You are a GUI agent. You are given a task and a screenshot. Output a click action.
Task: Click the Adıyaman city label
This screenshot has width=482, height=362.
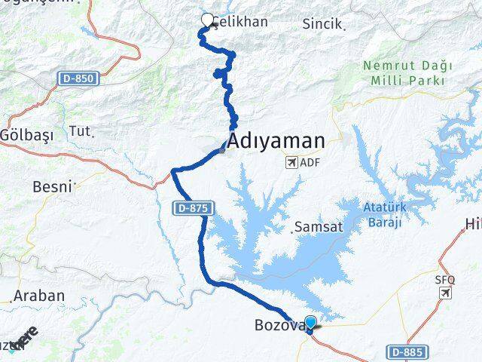pos(276,140)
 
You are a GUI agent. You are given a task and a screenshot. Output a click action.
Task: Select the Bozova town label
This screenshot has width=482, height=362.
pos(277,326)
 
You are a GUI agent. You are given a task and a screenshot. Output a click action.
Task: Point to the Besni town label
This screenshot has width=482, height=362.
pos(53,186)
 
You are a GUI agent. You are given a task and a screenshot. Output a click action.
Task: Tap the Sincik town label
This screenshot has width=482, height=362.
pos(323,24)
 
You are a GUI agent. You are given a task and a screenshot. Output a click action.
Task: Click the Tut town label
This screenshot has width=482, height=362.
pos(79,131)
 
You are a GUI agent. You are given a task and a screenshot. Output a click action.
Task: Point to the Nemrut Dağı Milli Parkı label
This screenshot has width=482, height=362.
pos(403,73)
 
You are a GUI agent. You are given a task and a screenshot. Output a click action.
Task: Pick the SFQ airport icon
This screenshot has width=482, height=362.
pos(446,292)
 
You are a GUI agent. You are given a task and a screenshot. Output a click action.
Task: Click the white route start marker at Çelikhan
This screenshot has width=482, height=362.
pos(207,20)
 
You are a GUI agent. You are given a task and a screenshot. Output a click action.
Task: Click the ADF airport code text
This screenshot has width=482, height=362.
pos(310,161)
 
